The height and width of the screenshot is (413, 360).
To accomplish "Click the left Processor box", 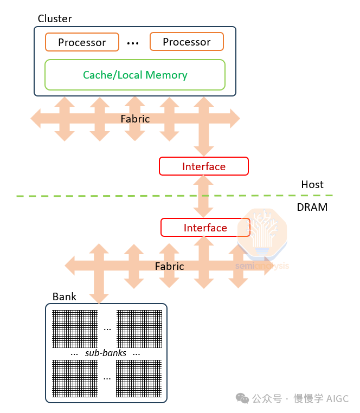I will click(82, 42).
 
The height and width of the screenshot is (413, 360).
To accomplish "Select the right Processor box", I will click(187, 41).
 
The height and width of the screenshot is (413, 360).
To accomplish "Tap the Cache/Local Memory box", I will click(134, 75).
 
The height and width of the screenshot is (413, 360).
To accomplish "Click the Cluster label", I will click(55, 19).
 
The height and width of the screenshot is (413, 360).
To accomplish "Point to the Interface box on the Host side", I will click(204, 166).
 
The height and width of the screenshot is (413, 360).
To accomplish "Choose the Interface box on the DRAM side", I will click(205, 228).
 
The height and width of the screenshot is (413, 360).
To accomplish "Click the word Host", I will click(312, 185).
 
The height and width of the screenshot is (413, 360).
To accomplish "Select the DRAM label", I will click(312, 207).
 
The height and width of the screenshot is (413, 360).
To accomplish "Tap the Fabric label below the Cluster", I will click(135, 119).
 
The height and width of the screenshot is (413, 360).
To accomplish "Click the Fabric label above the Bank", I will click(169, 266).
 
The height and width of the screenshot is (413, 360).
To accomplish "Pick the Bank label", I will click(65, 296).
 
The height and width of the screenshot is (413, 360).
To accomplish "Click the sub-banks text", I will click(106, 353).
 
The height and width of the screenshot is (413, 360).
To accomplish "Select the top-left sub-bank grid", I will click(74, 328).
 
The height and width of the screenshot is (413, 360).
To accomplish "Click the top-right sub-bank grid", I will click(139, 328).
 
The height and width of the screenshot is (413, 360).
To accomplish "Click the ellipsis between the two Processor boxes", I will click(133, 42).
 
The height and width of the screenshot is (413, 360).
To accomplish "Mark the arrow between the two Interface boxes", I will click(204, 197).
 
